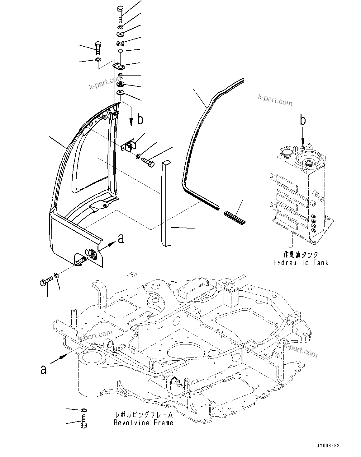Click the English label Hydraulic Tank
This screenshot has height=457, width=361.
[301, 263]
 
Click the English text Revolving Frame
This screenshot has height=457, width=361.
[143, 422]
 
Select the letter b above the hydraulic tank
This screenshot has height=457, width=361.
[303, 120]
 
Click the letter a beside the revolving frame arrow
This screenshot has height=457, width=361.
[43, 369]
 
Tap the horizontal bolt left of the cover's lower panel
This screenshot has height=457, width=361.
[46, 281]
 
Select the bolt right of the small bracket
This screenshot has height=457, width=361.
[148, 162]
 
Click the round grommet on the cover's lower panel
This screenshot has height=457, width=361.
[92, 253]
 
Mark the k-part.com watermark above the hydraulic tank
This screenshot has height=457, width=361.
[275, 100]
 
